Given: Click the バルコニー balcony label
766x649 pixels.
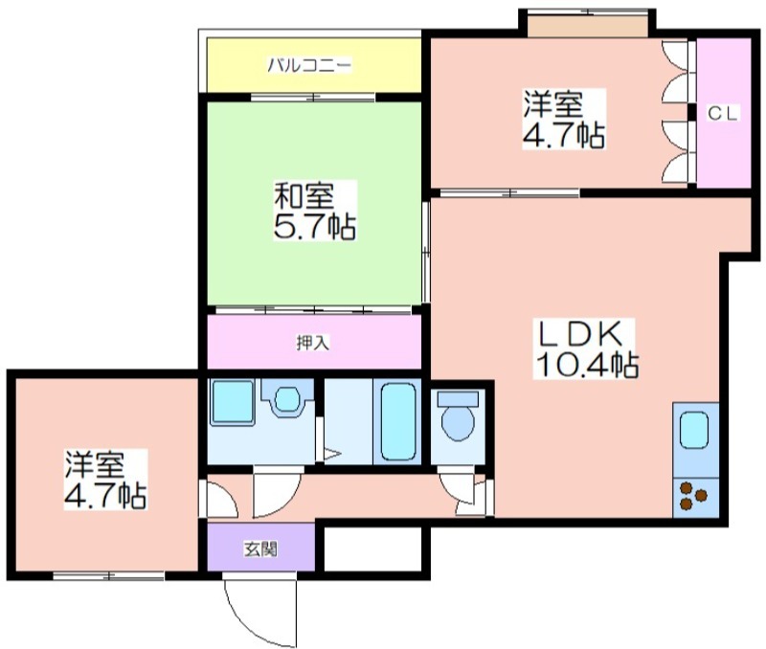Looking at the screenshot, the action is (x=308, y=65).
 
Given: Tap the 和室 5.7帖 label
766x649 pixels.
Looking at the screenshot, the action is (x=314, y=211).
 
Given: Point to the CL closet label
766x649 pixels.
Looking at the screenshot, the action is (x=723, y=114).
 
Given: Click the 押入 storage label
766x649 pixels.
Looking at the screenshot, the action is (x=313, y=343).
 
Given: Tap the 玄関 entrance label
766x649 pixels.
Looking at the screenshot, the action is (x=260, y=548).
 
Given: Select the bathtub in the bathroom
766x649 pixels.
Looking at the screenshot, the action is (x=398, y=422).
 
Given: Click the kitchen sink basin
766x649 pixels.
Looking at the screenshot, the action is (x=694, y=430).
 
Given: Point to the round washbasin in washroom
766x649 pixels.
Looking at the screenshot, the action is (x=287, y=399).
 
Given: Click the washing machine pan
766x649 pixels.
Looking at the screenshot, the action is (x=232, y=402).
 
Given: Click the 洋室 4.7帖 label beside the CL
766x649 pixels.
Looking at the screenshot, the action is (x=564, y=119).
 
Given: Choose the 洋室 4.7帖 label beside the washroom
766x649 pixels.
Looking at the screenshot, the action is (x=105, y=480).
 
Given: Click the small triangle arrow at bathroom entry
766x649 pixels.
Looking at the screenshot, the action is (x=331, y=455).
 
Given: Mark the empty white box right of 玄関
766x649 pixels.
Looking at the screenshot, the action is (x=372, y=548).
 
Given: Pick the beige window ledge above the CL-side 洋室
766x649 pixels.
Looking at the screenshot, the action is (x=588, y=26).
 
